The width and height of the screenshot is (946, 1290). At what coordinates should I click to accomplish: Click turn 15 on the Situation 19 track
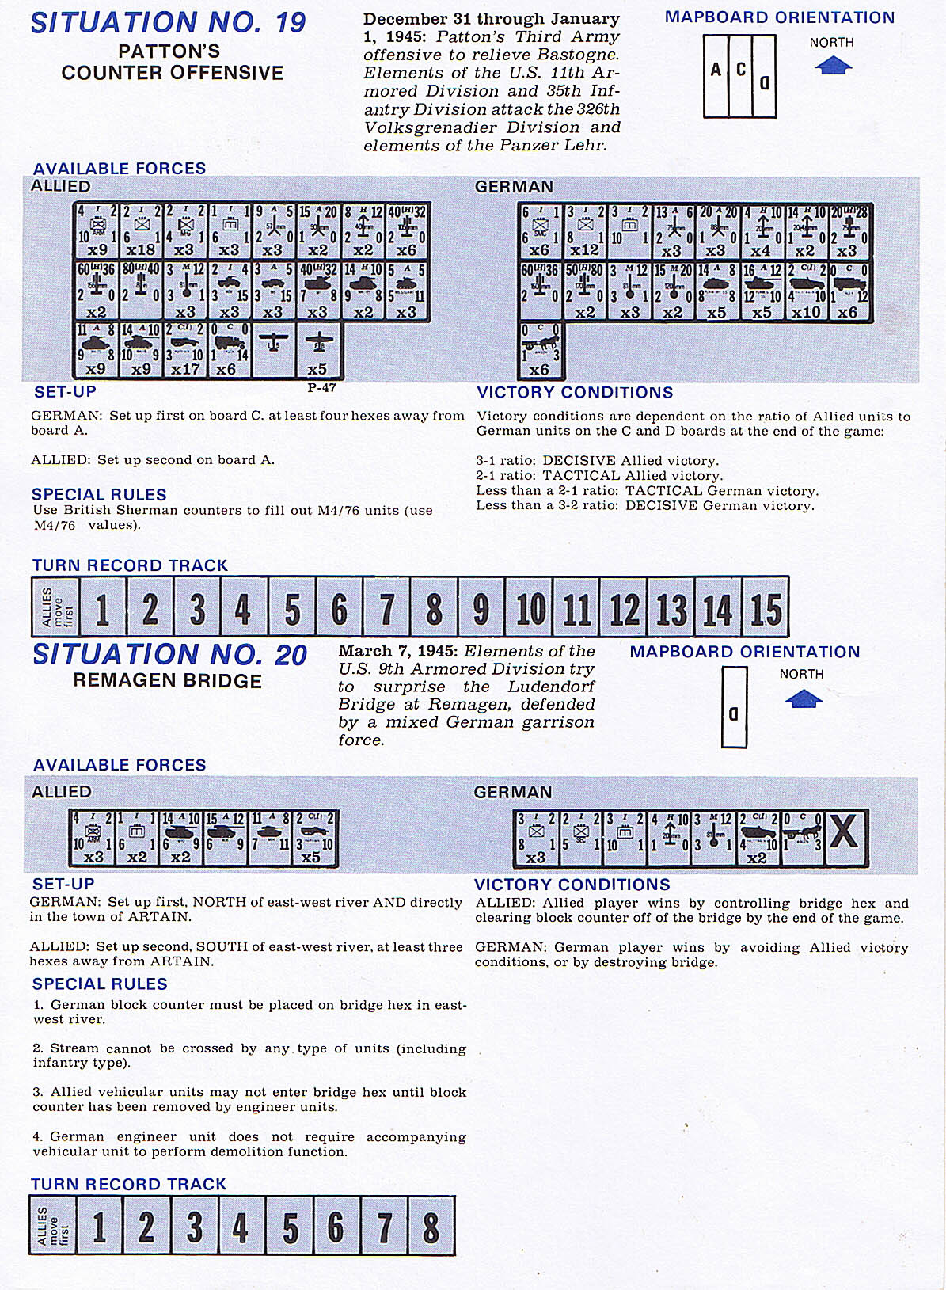766,608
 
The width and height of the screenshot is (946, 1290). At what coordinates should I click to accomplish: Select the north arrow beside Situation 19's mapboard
832,67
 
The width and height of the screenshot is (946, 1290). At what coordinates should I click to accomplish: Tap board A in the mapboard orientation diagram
716,76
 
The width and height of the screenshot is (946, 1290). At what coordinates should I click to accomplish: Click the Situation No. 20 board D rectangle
734,707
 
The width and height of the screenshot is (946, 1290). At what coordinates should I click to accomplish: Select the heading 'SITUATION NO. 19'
168,22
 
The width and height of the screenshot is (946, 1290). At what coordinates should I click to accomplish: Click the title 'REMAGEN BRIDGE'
167,681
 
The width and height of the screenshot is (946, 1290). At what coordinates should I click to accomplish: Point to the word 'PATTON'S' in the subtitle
169,51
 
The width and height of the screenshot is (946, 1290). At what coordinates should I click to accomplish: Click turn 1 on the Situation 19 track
101,608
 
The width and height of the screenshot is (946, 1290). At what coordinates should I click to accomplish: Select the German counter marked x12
585,230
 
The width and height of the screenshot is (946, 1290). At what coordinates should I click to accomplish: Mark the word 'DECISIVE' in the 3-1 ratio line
579,461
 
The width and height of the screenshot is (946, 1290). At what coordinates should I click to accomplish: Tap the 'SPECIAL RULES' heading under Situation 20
100,984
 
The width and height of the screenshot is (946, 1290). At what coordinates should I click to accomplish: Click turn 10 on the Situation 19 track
530,608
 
